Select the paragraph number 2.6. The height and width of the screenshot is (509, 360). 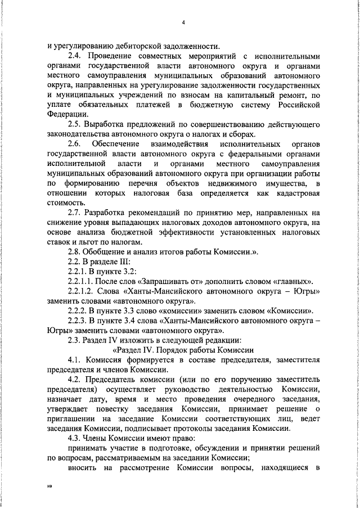point(75,145)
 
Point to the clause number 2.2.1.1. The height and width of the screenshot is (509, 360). point(83,281)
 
